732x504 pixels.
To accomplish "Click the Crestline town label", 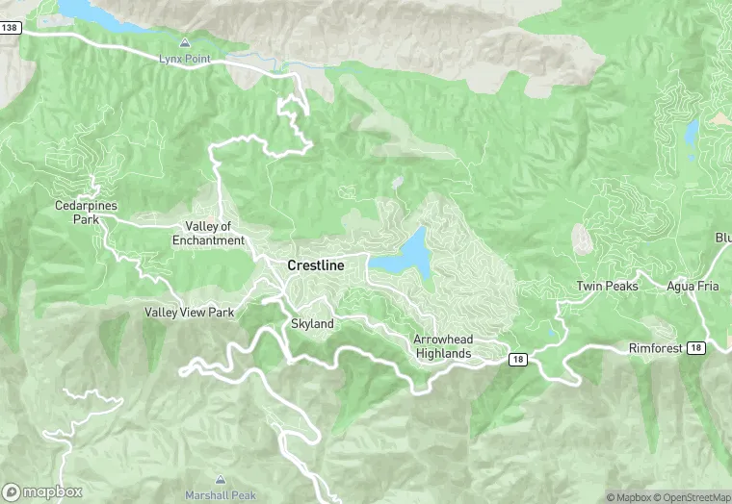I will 315,264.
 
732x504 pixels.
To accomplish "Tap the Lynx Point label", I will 183,60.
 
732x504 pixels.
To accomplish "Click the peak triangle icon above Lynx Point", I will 184,43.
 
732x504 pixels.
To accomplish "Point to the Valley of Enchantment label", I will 208,234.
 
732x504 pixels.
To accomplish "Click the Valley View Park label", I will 189,313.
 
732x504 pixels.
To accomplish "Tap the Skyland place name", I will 312,324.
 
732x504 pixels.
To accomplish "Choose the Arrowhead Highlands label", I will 443,347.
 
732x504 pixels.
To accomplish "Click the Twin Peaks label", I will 607,287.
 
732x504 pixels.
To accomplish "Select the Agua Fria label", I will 693,287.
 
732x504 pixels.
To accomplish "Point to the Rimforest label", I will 654,347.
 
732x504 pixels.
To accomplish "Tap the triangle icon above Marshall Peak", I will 220,479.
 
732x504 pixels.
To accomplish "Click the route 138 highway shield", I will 10,28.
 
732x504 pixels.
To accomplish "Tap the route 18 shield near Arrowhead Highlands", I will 518,359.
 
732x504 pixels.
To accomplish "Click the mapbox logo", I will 42,491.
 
